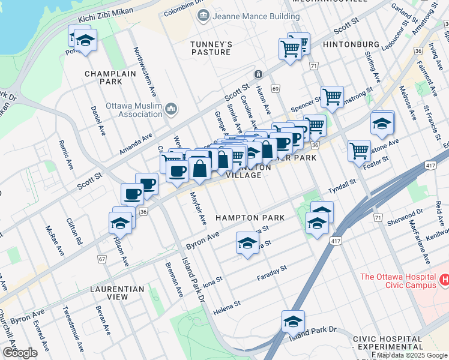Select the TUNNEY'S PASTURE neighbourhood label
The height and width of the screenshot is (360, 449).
click(x=211, y=49)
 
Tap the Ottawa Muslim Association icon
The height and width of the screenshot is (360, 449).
click(x=171, y=109)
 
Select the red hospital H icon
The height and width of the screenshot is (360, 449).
click(x=444, y=280)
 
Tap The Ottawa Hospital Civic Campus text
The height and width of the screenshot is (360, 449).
click(x=397, y=281)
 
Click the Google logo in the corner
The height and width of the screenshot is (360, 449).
click(x=20, y=352)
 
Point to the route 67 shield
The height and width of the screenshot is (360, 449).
click(x=102, y=259)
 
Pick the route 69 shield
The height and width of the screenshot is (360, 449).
click(x=276, y=89)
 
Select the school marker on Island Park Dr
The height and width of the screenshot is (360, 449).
click(x=293, y=322)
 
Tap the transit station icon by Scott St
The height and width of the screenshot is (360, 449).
click(x=258, y=74)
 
